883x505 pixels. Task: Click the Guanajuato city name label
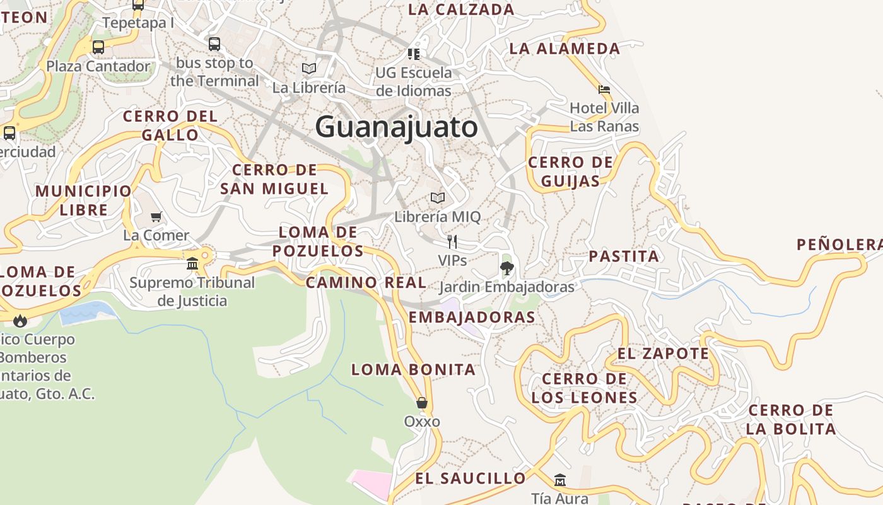tap(397, 127)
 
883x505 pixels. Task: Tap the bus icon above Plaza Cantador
tap(98, 47)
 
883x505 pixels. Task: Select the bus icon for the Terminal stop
tap(214, 44)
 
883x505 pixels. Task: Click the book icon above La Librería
tap(309, 68)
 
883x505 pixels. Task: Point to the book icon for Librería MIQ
tap(438, 198)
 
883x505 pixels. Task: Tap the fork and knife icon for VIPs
tap(452, 241)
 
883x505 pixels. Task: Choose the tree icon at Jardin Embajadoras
tap(506, 268)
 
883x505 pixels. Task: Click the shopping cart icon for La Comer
tap(156, 217)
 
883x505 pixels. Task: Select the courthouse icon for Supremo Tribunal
tap(192, 263)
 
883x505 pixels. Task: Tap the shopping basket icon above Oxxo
tap(422, 403)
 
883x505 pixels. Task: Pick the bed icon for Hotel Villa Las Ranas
tap(604, 90)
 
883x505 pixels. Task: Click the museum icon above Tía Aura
tap(559, 480)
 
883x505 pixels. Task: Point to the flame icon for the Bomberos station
tap(20, 321)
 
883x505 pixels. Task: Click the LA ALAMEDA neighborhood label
tap(564, 49)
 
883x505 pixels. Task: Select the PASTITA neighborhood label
tap(624, 256)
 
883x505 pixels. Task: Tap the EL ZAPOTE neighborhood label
tap(663, 353)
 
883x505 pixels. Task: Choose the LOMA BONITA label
tap(413, 369)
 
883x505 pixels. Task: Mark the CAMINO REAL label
tap(366, 282)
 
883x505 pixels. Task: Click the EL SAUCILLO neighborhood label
tap(470, 478)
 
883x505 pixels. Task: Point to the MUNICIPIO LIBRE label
tap(84, 200)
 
